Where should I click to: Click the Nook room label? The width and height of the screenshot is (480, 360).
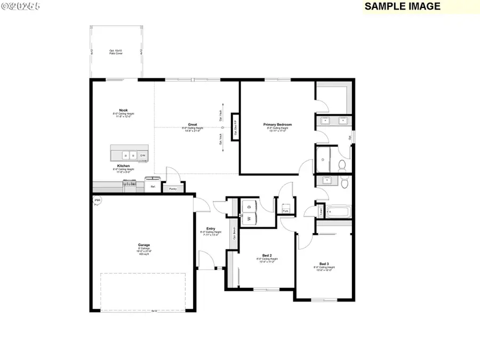coord(123,110)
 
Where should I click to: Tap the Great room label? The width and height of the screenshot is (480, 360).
coord(193,125)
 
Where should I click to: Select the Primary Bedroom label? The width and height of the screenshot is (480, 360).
coord(277,125)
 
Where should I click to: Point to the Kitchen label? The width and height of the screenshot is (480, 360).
coord(123,166)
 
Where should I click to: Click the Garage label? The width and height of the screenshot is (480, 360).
coord(144,245)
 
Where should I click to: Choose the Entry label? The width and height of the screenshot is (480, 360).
coord(211,229)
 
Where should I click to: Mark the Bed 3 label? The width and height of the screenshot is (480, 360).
coord(324,264)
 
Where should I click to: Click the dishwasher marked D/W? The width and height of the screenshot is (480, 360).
coord(142,155)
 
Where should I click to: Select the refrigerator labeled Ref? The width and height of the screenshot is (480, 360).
coord(153,187)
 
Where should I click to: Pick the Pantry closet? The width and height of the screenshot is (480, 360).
coord(173,188)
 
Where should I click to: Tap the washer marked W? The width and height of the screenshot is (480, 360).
coord(248,218)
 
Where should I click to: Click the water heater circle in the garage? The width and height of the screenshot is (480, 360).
coord(97,201)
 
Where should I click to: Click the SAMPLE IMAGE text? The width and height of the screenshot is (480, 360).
coord(403,6)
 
